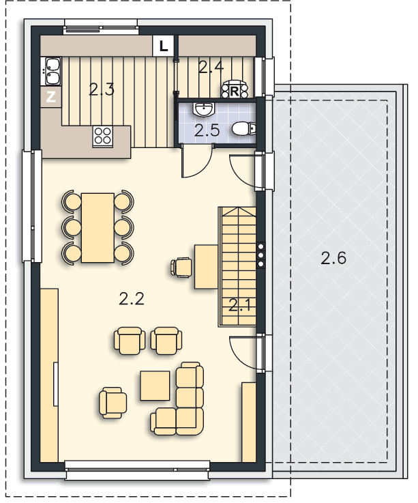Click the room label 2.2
click(132, 299)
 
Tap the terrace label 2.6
click(333, 258)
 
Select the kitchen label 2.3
click(102, 89)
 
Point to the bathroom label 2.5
click(207, 130)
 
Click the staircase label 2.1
click(240, 305)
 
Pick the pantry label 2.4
click(211, 67)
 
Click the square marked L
click(164, 46)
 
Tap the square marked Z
click(51, 96)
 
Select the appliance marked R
click(235, 89)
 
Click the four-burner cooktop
click(103, 136)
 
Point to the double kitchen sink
click(51, 71)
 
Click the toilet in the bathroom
click(243, 129)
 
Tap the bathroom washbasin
click(204, 109)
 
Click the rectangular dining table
click(98, 227)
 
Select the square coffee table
click(155, 386)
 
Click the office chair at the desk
click(181, 267)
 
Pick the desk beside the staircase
click(206, 267)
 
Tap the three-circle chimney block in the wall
click(260, 255)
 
